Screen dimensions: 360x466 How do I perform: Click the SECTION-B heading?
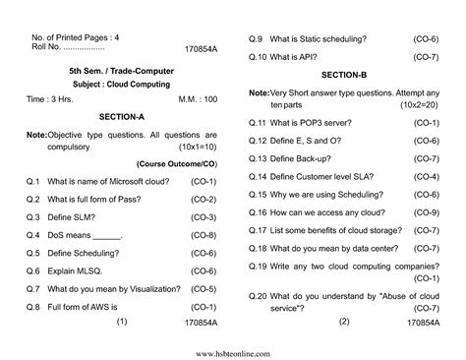(x=344, y=75)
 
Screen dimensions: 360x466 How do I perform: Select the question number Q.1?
(x=32, y=181)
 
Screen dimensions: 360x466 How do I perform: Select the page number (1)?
(x=122, y=322)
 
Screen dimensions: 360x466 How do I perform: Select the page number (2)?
(x=344, y=322)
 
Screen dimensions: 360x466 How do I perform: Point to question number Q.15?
(x=258, y=196)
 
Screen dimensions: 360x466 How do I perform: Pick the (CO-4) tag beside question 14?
(x=425, y=177)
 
